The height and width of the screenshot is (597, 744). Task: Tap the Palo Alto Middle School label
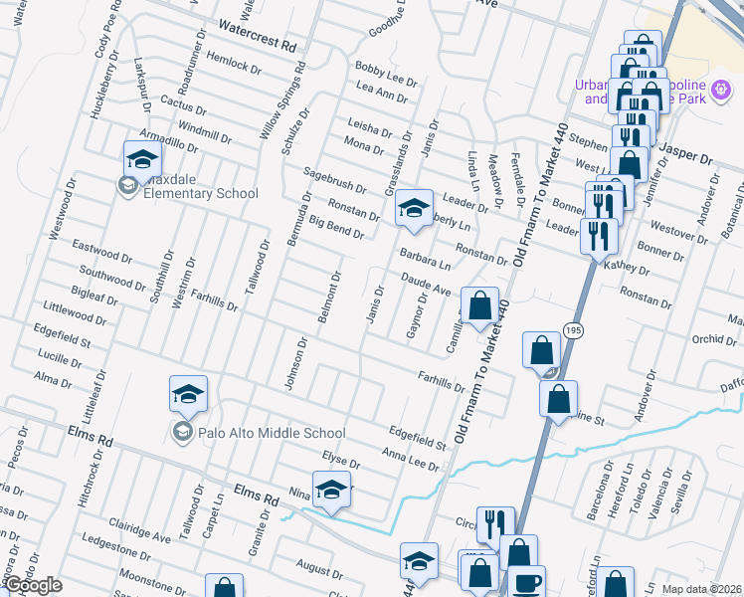coord(258,433)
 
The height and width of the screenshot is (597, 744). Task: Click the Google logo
coord(32,585)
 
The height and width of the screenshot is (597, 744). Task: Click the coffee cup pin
coord(526,581)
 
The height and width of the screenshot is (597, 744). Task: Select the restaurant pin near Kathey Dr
coord(597,236)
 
